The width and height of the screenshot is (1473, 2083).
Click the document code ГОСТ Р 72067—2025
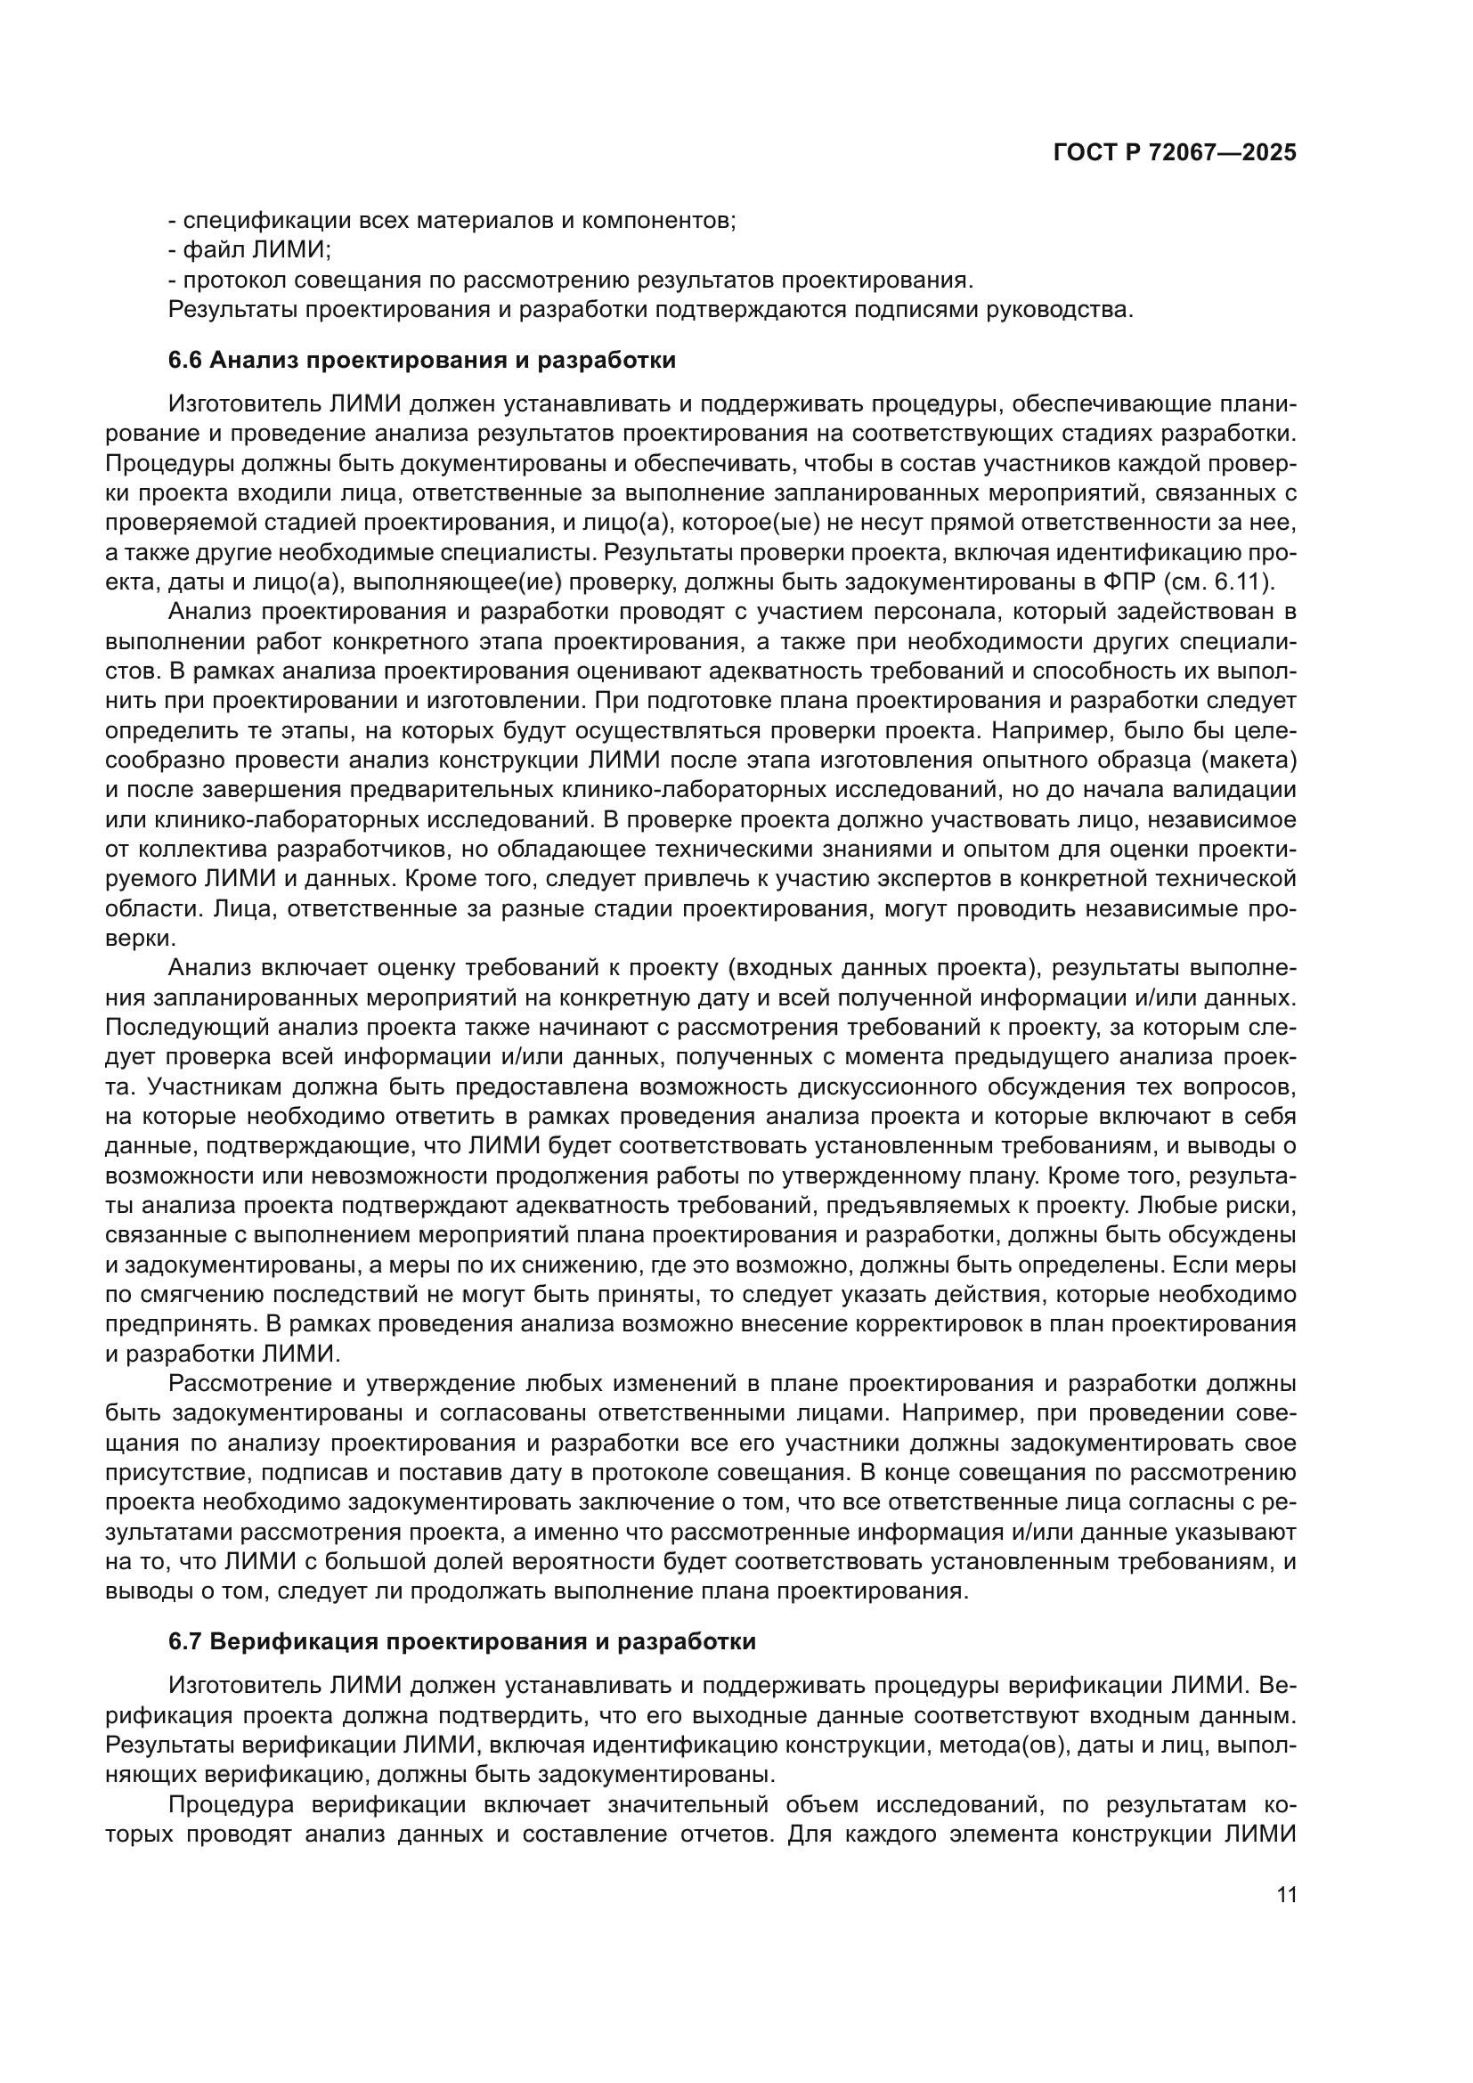(x=1175, y=152)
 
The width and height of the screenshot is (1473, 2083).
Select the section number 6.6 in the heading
(x=186, y=360)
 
